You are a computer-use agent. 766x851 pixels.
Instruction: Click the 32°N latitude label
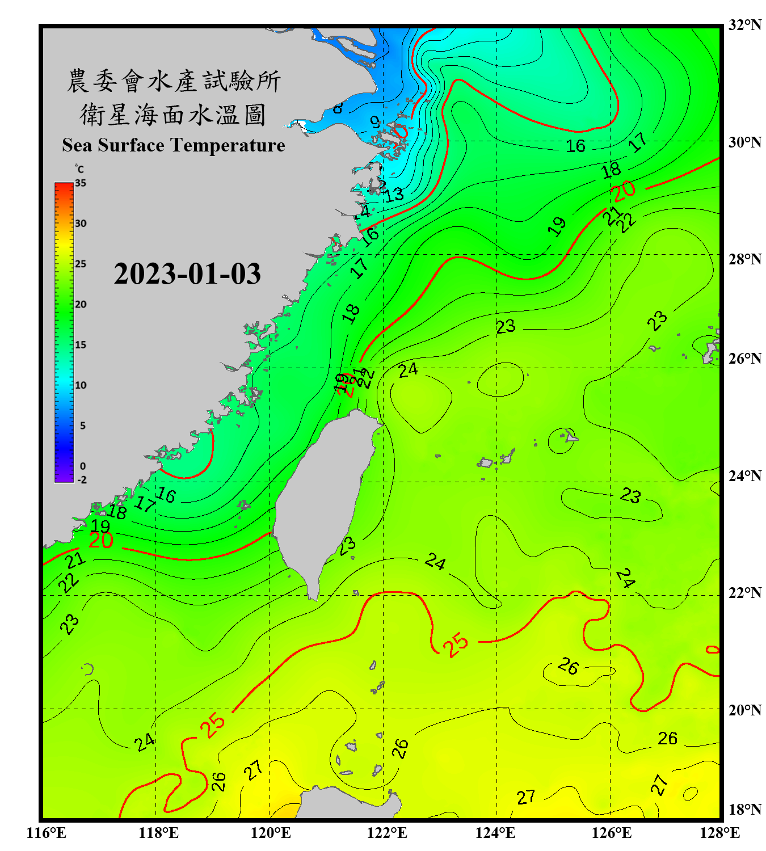pyautogui.click(x=744, y=25)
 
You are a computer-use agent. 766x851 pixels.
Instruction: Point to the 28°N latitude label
pyautogui.click(x=744, y=259)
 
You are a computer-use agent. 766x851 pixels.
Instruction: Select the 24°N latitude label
pyautogui.click(x=744, y=475)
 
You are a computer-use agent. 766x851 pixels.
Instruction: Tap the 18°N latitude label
pyautogui.click(x=744, y=810)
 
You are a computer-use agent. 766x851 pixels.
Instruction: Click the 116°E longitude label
pyautogui.click(x=47, y=833)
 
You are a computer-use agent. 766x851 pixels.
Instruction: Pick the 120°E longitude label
pyautogui.click(x=271, y=833)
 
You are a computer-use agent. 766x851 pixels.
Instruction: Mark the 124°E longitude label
pyautogui.click(x=495, y=833)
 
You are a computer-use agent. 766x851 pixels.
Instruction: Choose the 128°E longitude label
pyautogui.click(x=719, y=833)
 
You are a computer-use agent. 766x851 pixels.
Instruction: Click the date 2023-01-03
pyautogui.click(x=187, y=274)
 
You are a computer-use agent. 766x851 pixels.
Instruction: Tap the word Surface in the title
pyautogui.click(x=131, y=145)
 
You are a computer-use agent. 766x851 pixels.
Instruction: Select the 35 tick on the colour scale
pyautogui.click(x=81, y=183)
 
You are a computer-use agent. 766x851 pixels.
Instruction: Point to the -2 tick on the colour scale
pyautogui.click(x=82, y=480)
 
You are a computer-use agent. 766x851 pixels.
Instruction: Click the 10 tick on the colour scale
pyautogui.click(x=81, y=385)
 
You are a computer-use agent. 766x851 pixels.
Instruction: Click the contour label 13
pyautogui.click(x=394, y=195)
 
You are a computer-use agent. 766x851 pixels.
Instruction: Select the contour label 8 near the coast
pyautogui.click(x=338, y=107)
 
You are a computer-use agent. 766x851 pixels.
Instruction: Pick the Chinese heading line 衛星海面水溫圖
pyautogui.click(x=173, y=115)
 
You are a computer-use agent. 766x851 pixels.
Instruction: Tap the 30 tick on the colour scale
pyautogui.click(x=81, y=224)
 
